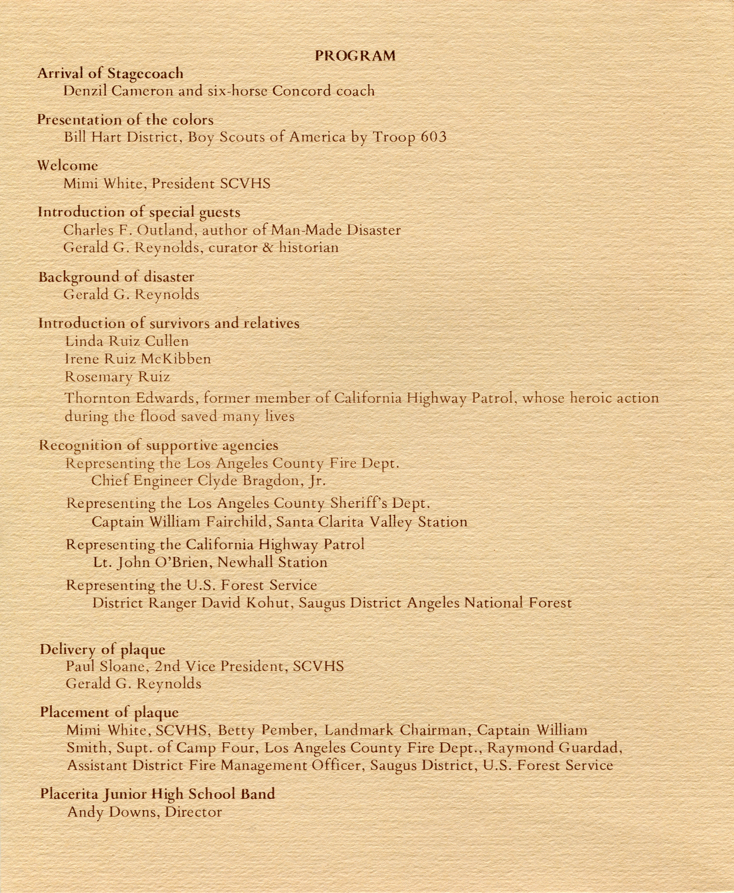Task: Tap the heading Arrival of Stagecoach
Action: coord(110,74)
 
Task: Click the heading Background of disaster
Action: coord(116,277)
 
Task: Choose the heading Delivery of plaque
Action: coord(102,649)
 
